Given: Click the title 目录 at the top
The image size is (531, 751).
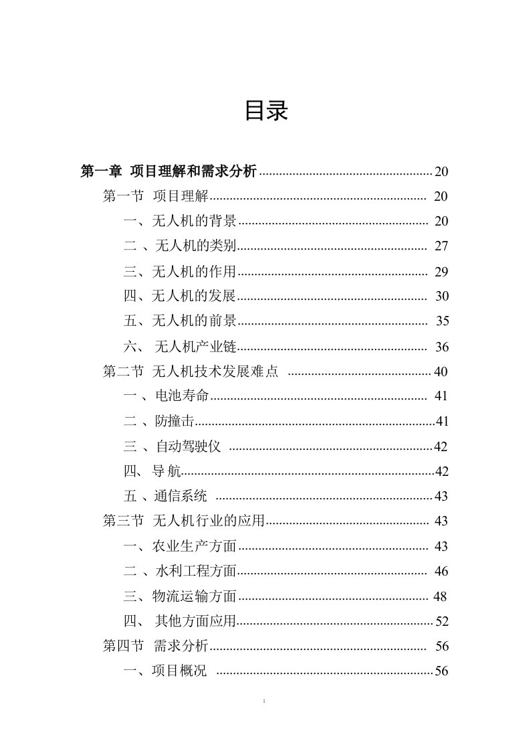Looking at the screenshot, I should tap(265, 112).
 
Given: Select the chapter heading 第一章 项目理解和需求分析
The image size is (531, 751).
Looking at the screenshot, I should tap(168, 171).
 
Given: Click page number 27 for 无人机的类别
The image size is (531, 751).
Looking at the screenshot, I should tap(441, 246).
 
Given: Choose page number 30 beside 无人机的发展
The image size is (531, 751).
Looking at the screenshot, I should tap(441, 297).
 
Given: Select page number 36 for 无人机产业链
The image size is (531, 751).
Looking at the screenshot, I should tap(441, 347).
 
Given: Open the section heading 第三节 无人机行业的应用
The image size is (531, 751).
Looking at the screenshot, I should tap(184, 521).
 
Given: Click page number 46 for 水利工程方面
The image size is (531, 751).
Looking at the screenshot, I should tap(441, 571).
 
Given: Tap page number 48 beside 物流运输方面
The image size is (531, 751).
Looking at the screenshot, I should tap(439, 596).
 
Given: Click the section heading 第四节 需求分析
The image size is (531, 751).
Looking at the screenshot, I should tap(156, 646).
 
